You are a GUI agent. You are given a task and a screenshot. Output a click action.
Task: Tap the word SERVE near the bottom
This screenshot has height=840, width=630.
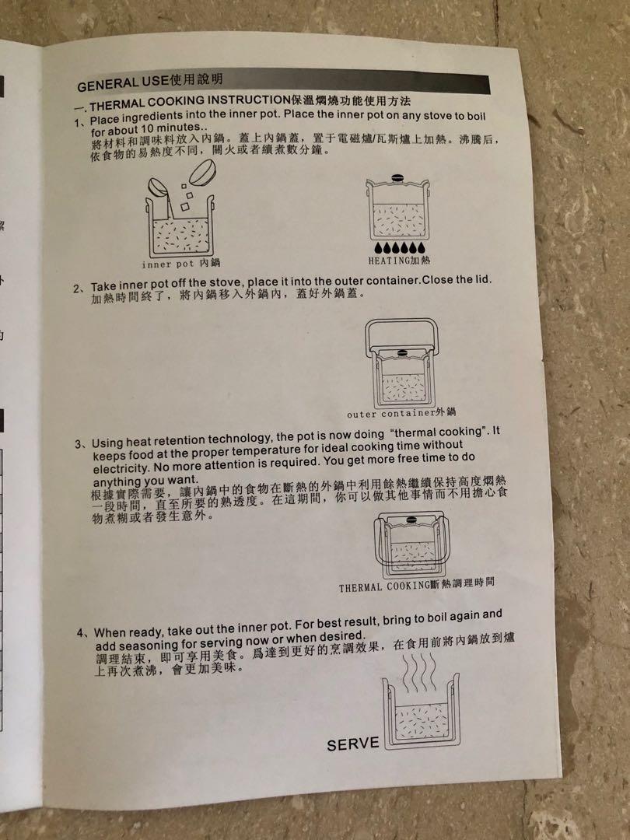353,744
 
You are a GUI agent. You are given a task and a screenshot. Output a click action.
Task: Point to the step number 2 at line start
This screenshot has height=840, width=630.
78,289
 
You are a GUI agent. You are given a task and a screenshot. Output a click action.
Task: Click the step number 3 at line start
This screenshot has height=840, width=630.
79,444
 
